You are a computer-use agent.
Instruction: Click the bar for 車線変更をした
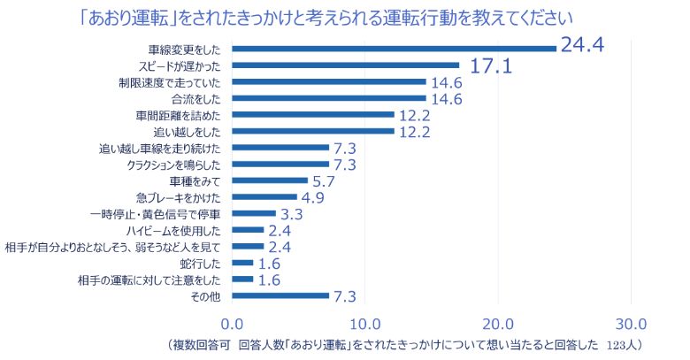click(x=395, y=48)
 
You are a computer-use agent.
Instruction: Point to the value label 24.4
click(x=580, y=44)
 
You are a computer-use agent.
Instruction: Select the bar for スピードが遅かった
click(x=346, y=65)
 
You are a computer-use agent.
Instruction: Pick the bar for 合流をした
click(x=329, y=97)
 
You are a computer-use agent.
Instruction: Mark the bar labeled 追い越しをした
click(x=313, y=131)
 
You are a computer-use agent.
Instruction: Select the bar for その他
click(x=280, y=295)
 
